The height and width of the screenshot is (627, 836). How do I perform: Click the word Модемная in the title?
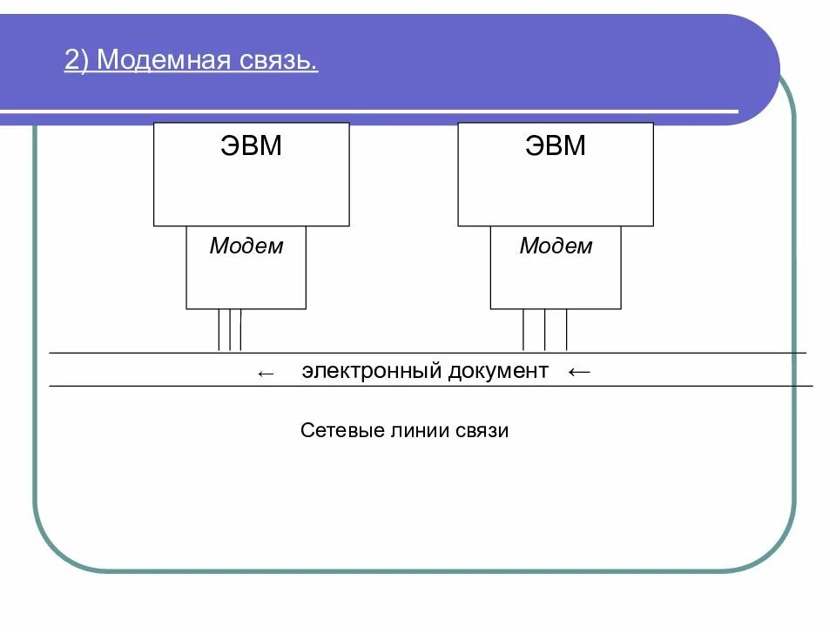point(163,61)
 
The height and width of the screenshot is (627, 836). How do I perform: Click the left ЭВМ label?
point(251,145)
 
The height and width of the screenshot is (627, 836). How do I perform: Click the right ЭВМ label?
point(556,145)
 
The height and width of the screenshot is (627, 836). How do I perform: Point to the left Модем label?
point(246,246)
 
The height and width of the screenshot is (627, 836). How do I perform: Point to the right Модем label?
point(556,246)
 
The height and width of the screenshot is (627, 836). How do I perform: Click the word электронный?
point(374,371)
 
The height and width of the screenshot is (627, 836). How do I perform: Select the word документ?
point(499,371)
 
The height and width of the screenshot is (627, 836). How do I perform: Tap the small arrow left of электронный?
point(266,374)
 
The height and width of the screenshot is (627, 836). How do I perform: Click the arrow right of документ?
point(578,372)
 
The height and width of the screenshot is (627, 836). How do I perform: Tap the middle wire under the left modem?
point(230,330)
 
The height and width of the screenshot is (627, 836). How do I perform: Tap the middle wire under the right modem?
point(545,330)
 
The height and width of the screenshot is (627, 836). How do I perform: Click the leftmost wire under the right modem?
point(523,330)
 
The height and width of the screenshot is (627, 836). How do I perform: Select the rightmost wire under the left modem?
point(240,330)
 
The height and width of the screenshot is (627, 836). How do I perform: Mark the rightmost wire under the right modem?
point(567,330)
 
